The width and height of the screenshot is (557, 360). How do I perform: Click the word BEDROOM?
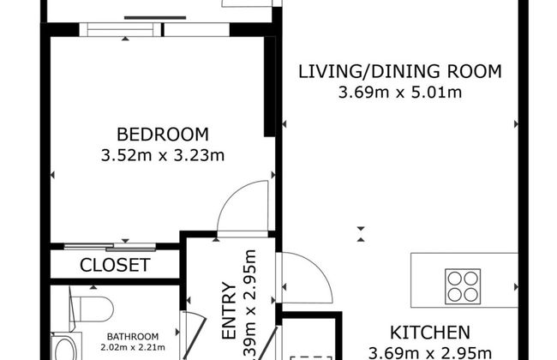[163, 135]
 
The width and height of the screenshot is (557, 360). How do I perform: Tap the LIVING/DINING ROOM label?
[398, 71]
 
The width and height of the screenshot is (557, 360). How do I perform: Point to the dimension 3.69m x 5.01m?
[400, 92]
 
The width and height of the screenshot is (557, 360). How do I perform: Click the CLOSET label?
[115, 266]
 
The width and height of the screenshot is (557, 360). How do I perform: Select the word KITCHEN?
[429, 333]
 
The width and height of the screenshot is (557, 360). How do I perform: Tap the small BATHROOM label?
[132, 336]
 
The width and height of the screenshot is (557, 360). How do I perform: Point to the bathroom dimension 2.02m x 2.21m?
[132, 347]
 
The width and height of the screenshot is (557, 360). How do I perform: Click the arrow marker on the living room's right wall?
[515, 124]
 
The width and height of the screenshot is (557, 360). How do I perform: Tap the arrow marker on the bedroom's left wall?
[53, 175]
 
